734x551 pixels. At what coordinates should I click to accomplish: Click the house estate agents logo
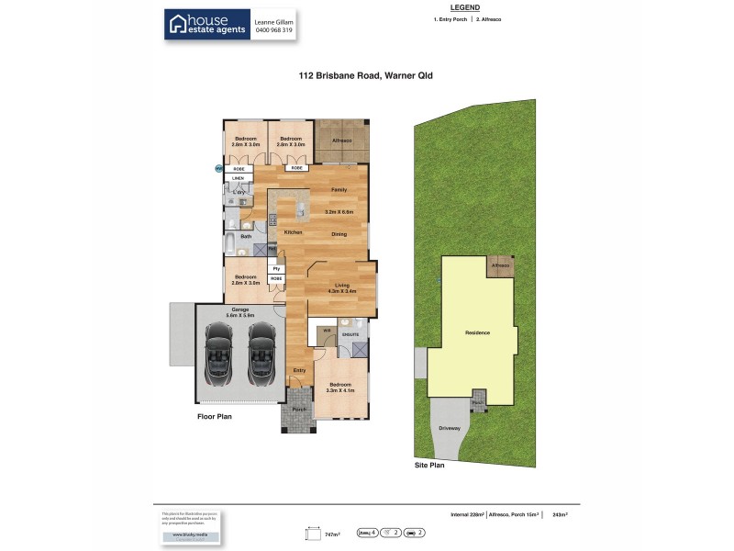207,25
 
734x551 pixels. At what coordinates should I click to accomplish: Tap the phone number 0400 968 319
272,30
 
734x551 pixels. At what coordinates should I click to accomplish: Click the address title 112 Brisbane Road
365,77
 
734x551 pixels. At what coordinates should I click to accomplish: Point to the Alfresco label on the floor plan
342,140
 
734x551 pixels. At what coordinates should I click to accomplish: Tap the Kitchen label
293,232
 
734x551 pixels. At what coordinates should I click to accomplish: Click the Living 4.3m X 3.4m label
341,287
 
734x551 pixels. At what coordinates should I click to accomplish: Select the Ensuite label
350,335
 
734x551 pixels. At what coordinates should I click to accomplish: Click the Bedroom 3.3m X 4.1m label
340,388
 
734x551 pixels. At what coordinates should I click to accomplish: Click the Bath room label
246,237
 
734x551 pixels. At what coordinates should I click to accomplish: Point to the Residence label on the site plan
478,332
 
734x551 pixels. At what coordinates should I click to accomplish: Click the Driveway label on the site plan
449,429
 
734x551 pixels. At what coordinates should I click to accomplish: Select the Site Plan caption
429,467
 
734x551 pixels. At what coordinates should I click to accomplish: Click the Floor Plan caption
216,416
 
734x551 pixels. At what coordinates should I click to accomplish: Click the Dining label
339,233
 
